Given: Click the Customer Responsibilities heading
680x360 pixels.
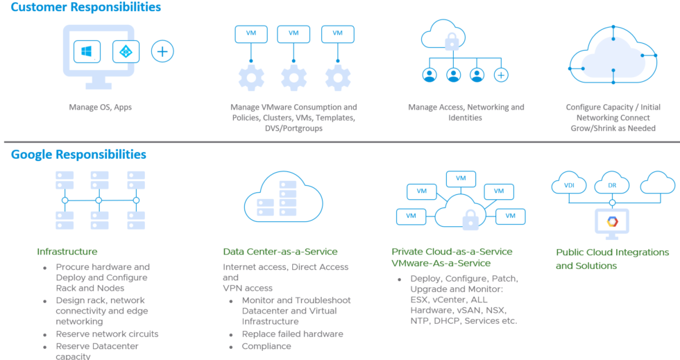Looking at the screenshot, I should pos(86,8).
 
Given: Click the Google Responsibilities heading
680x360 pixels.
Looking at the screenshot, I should pos(78,154).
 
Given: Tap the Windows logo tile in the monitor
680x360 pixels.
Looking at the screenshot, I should pos(87,51).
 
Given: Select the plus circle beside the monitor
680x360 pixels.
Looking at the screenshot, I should pos(162,51).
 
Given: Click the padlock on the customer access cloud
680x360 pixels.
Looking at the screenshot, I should pos(452,42).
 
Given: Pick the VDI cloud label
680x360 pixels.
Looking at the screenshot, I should pos(569,185).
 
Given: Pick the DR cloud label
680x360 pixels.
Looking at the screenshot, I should pos(612,185).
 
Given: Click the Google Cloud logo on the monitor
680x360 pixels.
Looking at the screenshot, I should pos(613,221).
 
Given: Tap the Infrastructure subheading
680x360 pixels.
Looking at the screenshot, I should pos(67,251).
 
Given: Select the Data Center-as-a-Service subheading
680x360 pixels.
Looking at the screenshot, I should pos(280,251).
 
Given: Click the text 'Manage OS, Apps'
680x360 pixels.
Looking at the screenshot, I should pos(101,108).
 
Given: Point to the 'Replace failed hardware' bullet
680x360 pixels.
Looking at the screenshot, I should pos(292,334).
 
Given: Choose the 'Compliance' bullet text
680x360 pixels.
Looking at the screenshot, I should pos(266,346).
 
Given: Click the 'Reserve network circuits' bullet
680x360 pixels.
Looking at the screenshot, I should pos(107,334).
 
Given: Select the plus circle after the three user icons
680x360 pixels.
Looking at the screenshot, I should pos(500,75).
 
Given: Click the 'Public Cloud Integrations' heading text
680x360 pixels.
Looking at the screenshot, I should pos(612,252).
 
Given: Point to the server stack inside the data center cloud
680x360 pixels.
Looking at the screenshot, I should pos(276,196).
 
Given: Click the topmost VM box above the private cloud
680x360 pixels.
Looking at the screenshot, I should pos(461,178).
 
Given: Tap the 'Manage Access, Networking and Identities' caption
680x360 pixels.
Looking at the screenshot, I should pos(466,112).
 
